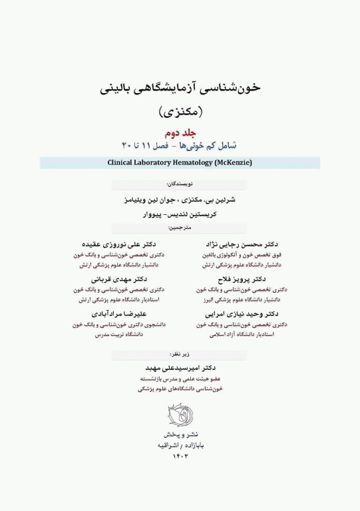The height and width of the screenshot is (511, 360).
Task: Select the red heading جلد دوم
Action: click(x=180, y=132)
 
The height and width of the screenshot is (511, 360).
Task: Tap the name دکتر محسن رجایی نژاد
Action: click(x=238, y=244)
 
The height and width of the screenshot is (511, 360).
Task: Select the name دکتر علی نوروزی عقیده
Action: click(x=118, y=244)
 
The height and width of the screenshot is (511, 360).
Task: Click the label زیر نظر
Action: click(x=180, y=355)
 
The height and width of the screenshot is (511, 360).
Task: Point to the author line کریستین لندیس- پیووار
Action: click(x=180, y=214)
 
